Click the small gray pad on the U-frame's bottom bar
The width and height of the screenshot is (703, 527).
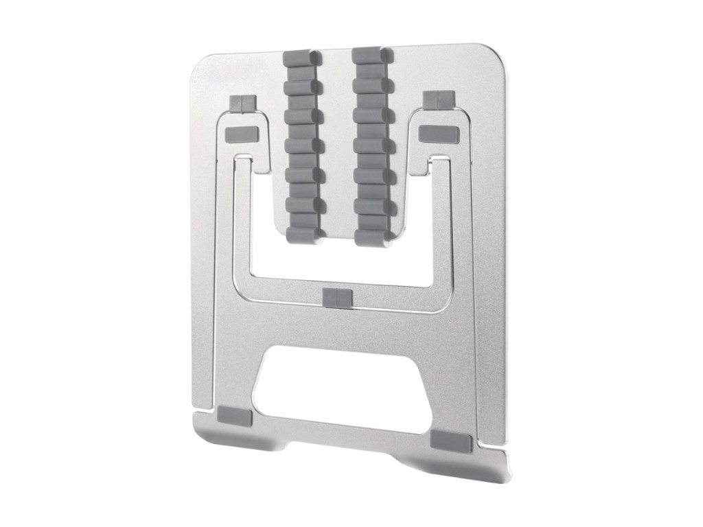coord(336,298)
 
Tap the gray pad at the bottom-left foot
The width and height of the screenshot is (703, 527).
coord(235,416)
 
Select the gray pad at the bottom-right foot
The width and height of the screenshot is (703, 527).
coord(452,442)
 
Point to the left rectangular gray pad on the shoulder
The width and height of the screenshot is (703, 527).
coord(241,134)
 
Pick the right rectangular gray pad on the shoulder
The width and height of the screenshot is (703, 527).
coord(439,134)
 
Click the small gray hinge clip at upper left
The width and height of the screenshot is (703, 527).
coord(243,103)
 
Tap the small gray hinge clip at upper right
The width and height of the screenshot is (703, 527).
coord(438,100)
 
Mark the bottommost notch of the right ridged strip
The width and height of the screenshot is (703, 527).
coord(373,238)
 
